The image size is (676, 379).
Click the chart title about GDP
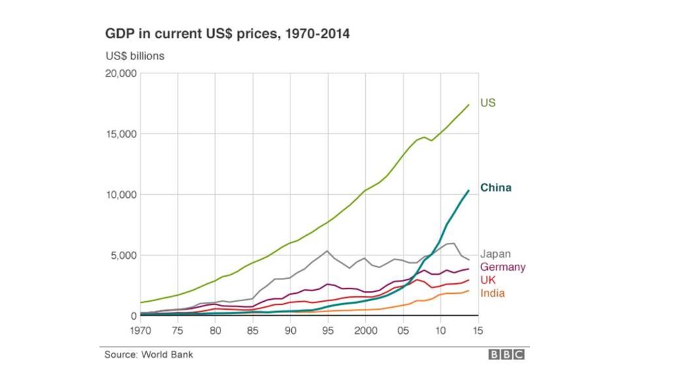227,33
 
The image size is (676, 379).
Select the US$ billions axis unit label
135,56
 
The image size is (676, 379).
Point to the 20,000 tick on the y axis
121,73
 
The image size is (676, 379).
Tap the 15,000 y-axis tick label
121,134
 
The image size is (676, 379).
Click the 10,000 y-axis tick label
121,195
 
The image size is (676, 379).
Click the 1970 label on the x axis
140,329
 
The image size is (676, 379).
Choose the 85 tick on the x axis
253,329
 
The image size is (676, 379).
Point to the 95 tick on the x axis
328,329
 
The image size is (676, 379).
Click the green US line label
487,103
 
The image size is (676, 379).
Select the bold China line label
495,188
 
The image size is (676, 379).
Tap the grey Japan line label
495,254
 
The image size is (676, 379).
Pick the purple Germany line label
502,267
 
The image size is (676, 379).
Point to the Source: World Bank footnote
149,355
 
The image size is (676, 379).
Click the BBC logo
506,355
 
